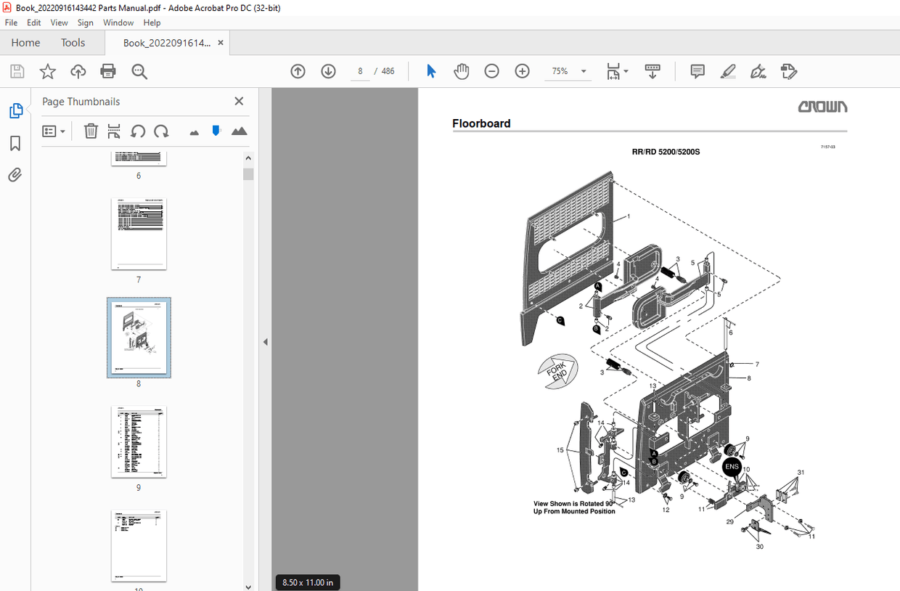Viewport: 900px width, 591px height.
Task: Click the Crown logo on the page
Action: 822,107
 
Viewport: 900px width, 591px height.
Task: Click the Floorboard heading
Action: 481,123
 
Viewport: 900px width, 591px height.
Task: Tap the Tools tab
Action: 73,43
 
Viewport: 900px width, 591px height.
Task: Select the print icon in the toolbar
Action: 108,71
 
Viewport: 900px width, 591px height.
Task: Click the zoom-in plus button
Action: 522,71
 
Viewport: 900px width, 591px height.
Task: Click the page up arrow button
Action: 298,71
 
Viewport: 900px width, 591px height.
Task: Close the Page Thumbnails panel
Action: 239,102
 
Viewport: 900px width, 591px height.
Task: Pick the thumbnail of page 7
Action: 139,234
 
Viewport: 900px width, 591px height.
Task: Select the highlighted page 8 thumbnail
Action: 139,337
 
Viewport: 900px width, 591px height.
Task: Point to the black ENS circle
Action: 732,466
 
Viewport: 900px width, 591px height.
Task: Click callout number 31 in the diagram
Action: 801,473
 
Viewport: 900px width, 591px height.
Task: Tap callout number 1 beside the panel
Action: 629,216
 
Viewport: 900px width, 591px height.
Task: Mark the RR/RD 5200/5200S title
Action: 666,152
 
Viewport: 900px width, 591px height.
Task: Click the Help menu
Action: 152,23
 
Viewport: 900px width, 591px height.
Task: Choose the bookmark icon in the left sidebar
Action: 15,143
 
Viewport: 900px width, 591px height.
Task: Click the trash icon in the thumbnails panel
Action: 91,131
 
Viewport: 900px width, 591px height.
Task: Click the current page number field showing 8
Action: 360,71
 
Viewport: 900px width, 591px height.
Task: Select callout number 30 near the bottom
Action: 759,546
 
